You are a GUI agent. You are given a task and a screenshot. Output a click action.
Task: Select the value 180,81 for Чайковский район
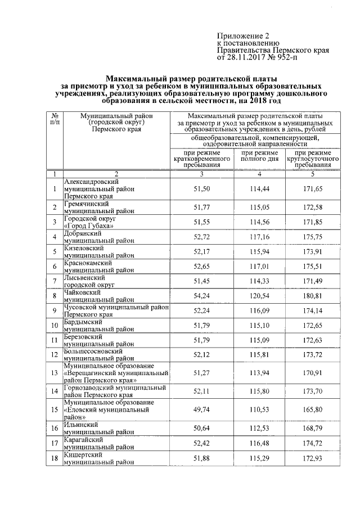pos(312,295)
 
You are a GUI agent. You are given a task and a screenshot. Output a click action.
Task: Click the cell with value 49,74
pos(202,411)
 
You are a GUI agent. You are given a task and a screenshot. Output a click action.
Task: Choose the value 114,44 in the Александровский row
pos(260,189)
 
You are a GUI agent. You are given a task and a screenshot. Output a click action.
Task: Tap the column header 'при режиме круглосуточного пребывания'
pos(312,159)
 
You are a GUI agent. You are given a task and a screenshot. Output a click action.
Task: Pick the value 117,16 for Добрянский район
pos(260,237)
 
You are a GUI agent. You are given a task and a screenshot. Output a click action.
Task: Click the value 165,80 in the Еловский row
pos(312,411)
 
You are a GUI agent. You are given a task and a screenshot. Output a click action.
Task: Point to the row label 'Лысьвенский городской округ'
pos(89,281)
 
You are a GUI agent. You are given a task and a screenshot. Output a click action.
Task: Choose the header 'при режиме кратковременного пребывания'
pos(202,159)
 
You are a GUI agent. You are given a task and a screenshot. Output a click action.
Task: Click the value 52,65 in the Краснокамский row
pos(202,266)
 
